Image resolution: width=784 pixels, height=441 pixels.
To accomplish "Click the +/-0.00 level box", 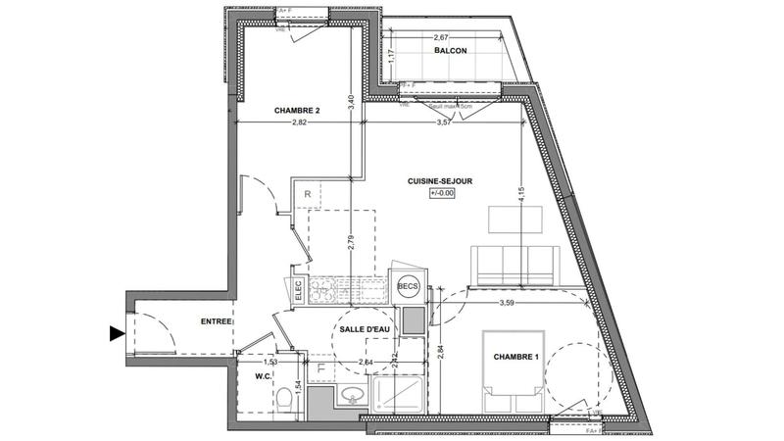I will (x=443, y=194).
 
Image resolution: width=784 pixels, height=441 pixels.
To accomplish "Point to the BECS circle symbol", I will (x=409, y=286).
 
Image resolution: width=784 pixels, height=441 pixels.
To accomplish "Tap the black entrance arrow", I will (x=117, y=334).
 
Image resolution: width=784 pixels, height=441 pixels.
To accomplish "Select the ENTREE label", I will (x=217, y=321).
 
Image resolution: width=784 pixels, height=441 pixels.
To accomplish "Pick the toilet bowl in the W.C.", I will (x=284, y=399).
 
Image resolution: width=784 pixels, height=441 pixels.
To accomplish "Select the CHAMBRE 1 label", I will (x=515, y=356).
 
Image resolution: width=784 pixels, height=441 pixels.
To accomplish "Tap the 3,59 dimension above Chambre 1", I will (x=508, y=302).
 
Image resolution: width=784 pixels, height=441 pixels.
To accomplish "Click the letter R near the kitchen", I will (x=308, y=195).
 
